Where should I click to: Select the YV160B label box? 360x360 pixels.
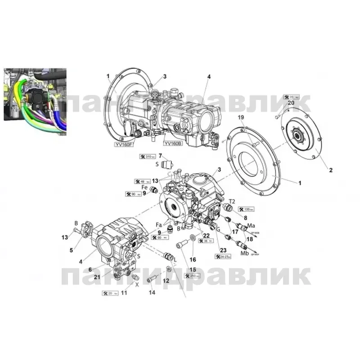pyautogui.click(x=173, y=144)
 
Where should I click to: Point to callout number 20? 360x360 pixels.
pyautogui.click(x=291, y=103)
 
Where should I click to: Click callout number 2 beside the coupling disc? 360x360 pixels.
pyautogui.click(x=331, y=170)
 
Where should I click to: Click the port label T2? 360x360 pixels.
pyautogui.click(x=232, y=201)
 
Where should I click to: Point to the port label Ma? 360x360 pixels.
pyautogui.click(x=252, y=225)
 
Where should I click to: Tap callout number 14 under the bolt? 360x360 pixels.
pyautogui.click(x=152, y=292)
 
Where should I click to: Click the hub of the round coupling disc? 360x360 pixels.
pyautogui.click(x=298, y=134)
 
